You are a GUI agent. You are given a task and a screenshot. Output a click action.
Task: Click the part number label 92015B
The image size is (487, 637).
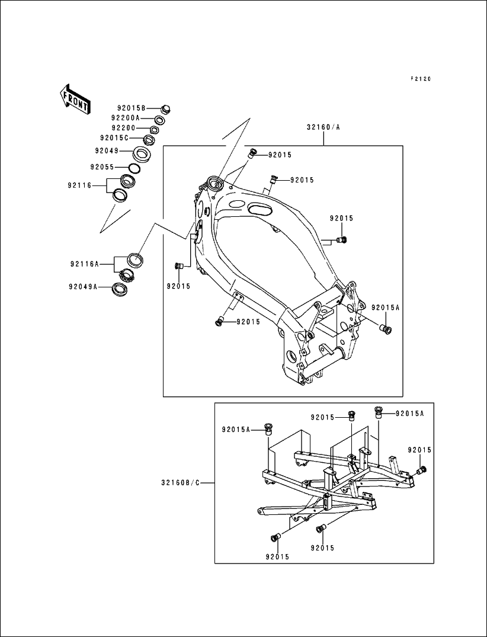[130, 108]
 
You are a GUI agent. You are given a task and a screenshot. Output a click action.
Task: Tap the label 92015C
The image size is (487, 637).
[127, 138]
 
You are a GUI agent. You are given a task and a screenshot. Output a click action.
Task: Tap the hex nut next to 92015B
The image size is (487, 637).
[166, 108]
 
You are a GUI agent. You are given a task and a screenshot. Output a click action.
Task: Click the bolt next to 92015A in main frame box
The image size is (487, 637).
[388, 329]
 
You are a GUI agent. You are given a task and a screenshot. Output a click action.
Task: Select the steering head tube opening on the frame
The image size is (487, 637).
[213, 181]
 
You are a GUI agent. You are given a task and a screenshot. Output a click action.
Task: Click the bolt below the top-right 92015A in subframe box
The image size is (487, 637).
[378, 411]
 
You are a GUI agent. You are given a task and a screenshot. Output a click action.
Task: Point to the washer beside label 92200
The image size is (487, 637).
[154, 129]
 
